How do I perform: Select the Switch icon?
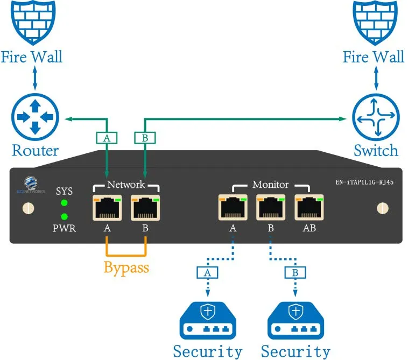click(375, 117)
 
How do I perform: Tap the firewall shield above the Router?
click(35, 22)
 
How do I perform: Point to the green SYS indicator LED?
click(65, 203)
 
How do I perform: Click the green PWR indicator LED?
click(65, 217)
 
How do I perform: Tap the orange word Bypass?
click(126, 267)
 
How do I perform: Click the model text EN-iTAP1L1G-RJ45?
click(364, 183)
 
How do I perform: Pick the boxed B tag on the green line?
click(145, 138)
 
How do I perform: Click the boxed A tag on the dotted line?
click(207, 273)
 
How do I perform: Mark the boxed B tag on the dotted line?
click(295, 273)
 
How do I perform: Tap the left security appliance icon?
click(207, 321)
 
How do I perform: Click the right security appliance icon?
click(296, 321)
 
